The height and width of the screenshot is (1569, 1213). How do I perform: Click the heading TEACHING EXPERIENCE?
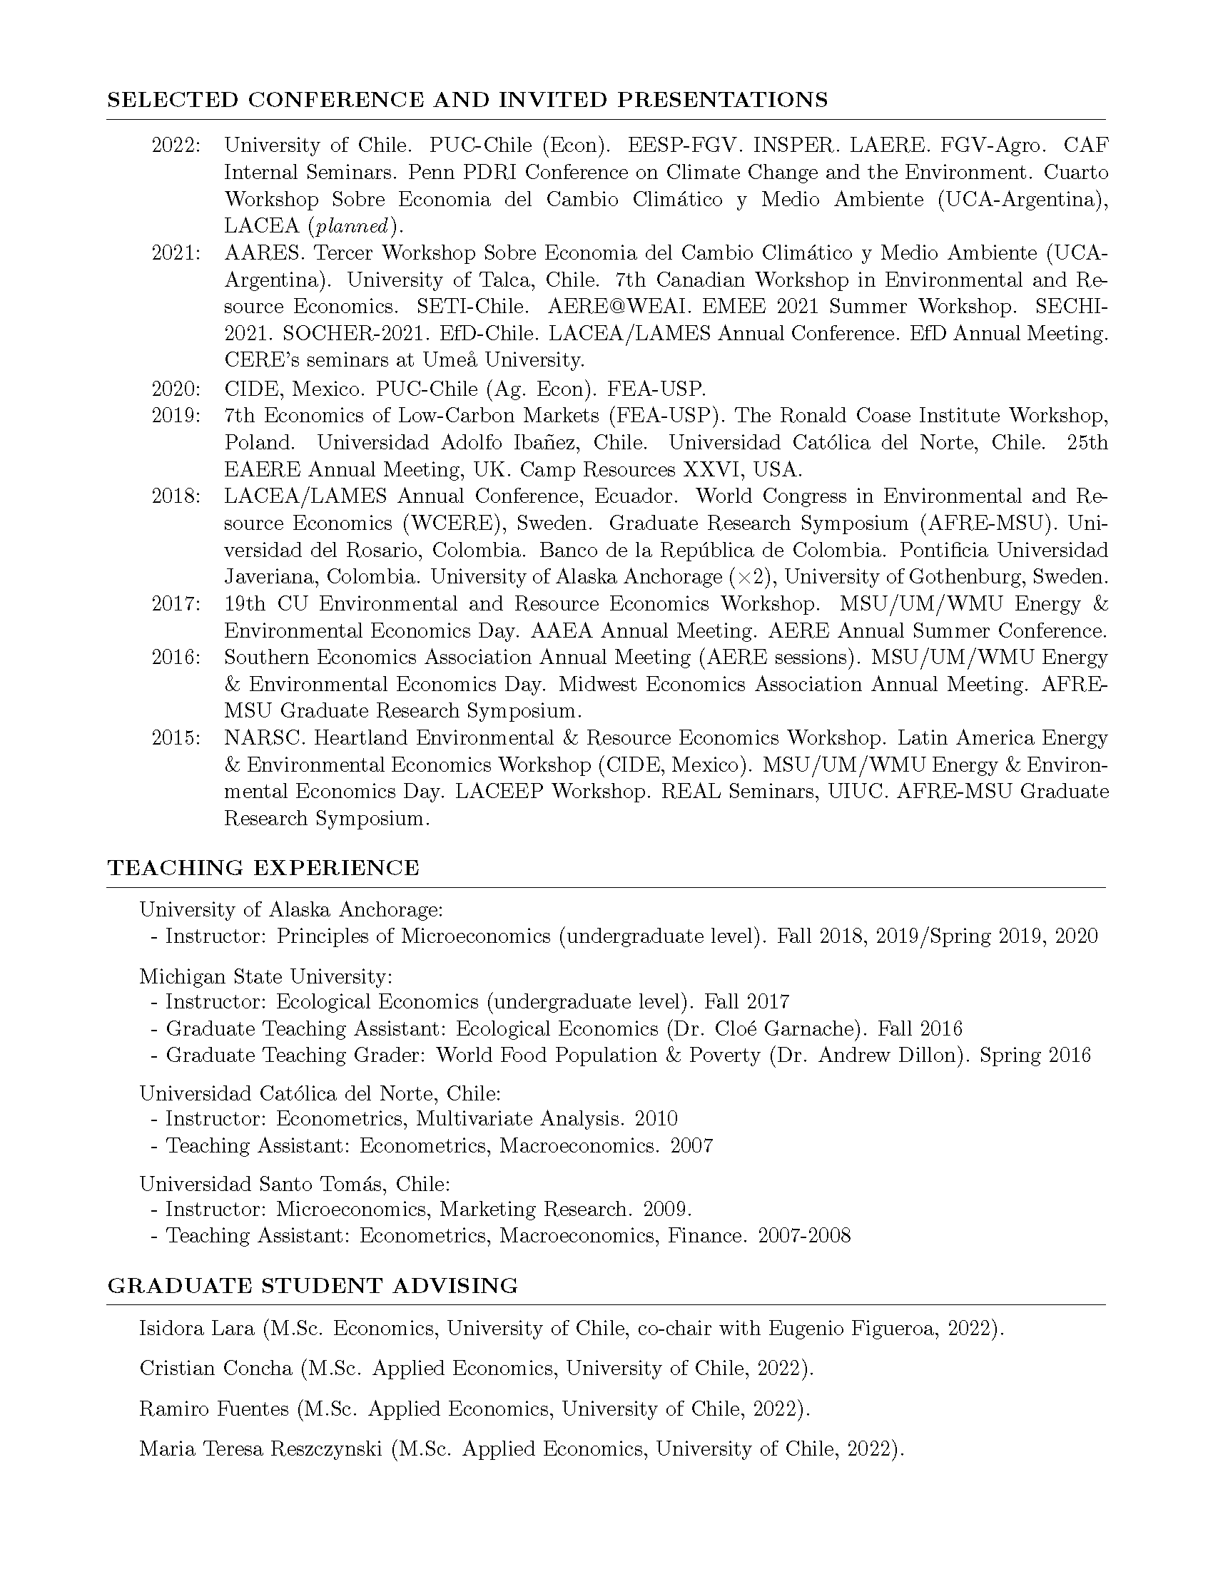[x=263, y=868]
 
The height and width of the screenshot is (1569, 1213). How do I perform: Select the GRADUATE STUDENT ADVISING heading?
[x=313, y=1285]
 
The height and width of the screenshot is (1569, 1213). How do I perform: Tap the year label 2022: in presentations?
[x=176, y=145]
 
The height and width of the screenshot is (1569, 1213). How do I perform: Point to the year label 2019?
[x=176, y=416]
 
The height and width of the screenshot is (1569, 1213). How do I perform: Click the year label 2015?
[x=176, y=738]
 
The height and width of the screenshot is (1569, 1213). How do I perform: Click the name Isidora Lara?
[x=197, y=1329]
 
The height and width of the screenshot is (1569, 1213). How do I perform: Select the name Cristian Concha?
[x=215, y=1368]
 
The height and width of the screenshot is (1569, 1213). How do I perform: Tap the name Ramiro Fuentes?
[x=214, y=1409]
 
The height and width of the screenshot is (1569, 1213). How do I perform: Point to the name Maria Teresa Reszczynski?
[x=260, y=1449]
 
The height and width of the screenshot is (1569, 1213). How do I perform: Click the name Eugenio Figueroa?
[x=853, y=1329]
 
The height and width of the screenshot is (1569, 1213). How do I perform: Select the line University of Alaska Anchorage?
[x=291, y=910]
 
